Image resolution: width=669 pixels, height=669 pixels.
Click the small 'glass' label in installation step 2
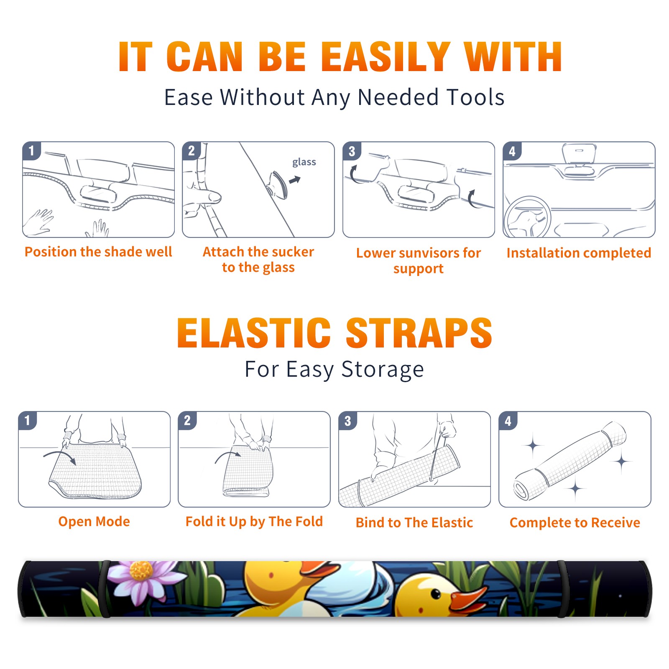(304, 162)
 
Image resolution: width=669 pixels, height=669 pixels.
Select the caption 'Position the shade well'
(98, 252)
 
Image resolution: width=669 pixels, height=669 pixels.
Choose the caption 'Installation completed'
(579, 253)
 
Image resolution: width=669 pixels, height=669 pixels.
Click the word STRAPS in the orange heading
(419, 333)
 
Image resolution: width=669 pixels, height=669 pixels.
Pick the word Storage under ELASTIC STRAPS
(383, 370)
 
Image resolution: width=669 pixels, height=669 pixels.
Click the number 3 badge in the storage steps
(348, 421)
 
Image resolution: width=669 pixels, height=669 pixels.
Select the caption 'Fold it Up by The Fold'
(254, 521)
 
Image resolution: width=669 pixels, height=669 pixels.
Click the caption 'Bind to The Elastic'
(414, 523)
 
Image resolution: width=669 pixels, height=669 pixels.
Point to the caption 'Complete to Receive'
(575, 523)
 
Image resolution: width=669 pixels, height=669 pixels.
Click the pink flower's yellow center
(141, 570)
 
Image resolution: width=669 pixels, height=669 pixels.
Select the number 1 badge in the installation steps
(32, 151)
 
